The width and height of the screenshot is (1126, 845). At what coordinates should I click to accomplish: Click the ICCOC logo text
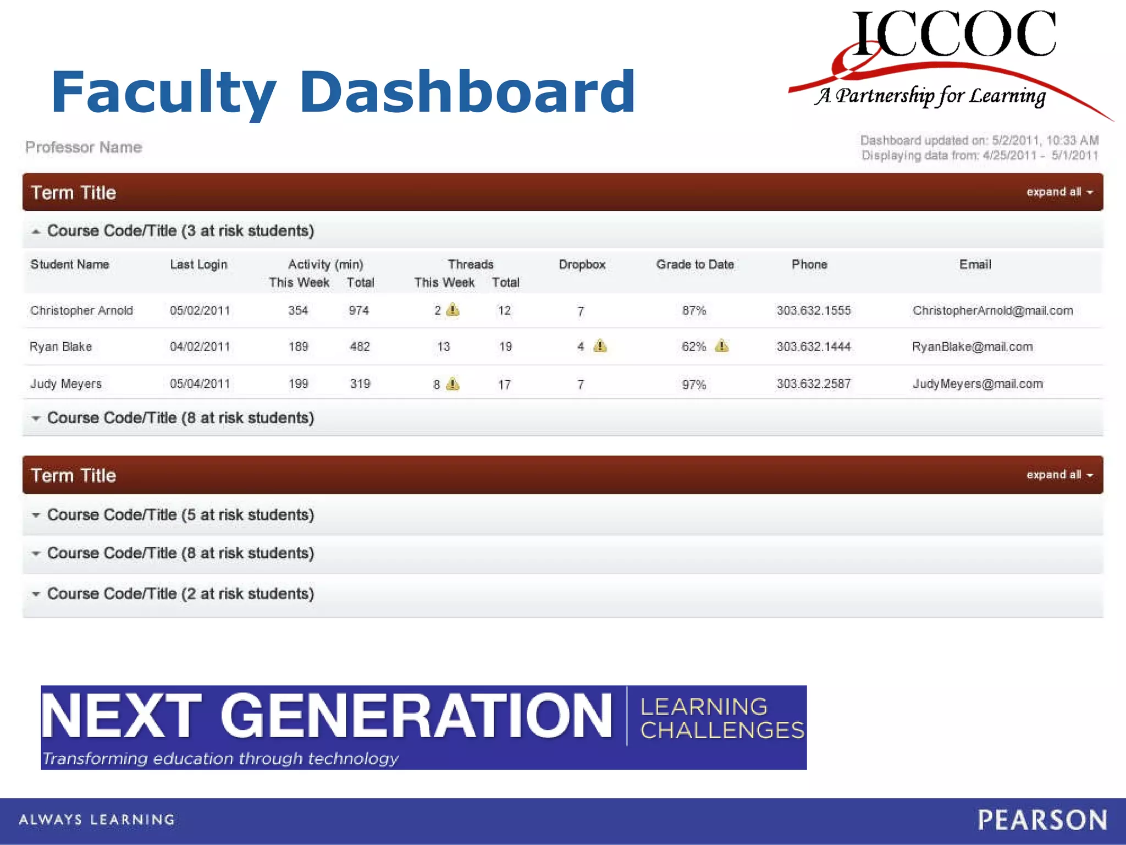coord(954,34)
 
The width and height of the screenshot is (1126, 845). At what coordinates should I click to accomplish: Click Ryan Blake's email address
coord(972,347)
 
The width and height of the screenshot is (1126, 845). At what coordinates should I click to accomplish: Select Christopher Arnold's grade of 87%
coord(694,310)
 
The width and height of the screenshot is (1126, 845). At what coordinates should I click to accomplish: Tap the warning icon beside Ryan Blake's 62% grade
coord(721,346)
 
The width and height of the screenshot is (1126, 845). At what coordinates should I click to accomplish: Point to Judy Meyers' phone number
coord(813,383)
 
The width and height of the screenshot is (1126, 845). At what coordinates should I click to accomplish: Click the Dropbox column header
coord(582,265)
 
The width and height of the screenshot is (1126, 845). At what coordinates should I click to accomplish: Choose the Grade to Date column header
coord(694,265)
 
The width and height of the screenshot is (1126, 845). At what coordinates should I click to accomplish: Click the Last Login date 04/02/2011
coord(200,347)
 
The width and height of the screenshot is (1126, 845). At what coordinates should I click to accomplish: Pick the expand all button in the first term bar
coord(1059,192)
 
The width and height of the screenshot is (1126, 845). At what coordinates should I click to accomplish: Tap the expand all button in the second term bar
coord(1059,475)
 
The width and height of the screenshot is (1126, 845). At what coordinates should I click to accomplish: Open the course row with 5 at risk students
coord(180,515)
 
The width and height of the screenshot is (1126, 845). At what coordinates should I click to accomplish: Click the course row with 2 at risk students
coord(180,594)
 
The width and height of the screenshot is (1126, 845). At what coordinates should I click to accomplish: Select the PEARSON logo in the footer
coord(1042,820)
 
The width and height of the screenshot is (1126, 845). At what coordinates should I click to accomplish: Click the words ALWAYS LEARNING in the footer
coord(97,820)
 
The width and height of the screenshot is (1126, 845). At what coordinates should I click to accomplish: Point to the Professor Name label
coord(84,147)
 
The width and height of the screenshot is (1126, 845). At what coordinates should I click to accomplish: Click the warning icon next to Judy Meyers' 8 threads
coord(452,383)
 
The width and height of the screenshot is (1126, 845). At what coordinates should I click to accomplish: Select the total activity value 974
coord(358,310)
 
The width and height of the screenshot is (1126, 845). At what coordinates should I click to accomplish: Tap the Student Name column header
coord(70,265)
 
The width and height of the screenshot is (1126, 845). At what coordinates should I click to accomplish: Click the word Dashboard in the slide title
coord(467,92)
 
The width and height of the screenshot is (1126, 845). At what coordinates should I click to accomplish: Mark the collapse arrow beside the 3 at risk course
coord(36,232)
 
